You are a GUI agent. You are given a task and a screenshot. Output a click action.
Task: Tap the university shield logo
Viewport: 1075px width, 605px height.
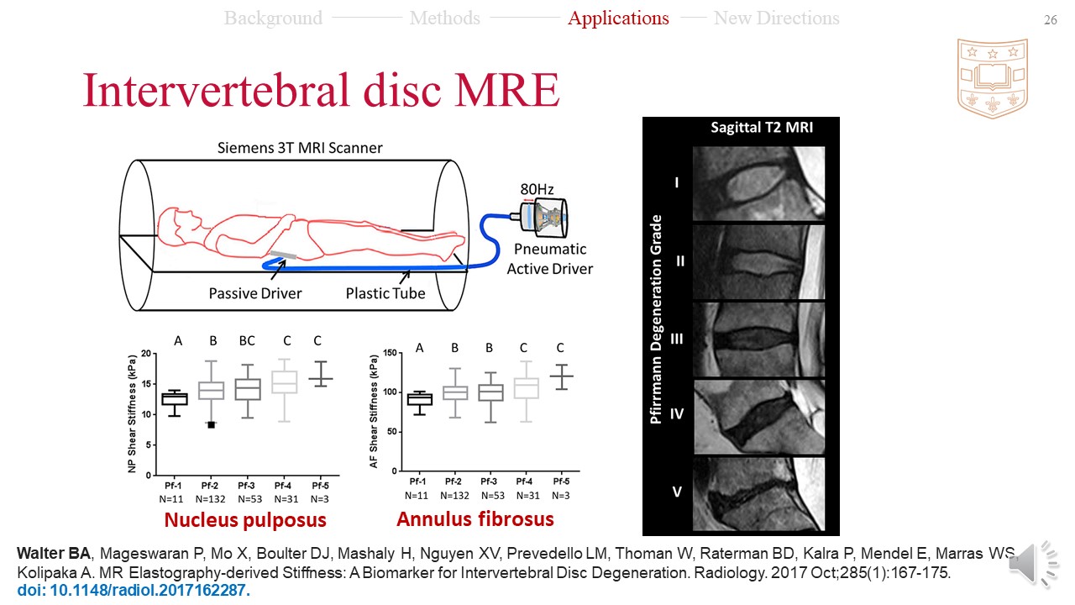(993, 77)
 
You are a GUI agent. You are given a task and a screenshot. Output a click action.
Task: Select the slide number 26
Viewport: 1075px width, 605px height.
(1050, 20)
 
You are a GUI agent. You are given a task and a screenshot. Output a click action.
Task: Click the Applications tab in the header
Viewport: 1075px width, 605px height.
(618, 18)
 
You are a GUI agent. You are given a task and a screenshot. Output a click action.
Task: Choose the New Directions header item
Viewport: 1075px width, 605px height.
(776, 18)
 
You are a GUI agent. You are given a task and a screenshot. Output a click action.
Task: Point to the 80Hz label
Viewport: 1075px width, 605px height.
(536, 188)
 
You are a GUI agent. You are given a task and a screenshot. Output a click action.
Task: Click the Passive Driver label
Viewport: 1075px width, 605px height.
(255, 293)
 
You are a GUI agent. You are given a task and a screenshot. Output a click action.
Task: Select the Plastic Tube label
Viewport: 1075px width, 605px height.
(385, 293)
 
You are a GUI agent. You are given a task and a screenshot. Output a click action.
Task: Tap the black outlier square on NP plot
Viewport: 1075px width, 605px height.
(212, 425)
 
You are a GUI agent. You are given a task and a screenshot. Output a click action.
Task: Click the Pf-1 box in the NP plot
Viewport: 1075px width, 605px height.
(175, 399)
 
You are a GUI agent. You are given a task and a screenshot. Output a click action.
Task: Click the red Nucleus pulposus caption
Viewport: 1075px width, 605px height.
(245, 520)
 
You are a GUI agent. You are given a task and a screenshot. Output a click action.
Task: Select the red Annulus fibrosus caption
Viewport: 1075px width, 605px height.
(475, 519)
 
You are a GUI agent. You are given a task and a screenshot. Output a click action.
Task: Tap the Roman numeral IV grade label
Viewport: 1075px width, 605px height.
(678, 413)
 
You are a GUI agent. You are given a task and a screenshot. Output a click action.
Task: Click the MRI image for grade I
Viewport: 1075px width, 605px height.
(758, 183)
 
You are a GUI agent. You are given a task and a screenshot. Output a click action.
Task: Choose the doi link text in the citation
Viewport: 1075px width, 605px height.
(134, 590)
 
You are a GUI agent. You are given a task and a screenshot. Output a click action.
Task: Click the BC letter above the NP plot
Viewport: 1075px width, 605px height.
(247, 340)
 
